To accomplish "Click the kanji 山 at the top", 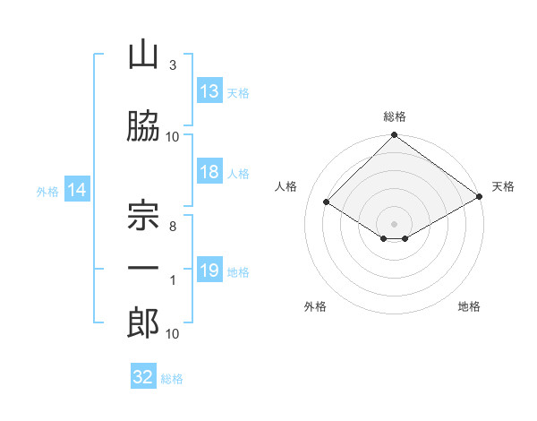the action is [143, 56].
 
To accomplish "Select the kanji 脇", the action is [143, 125].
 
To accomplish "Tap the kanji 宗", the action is [143, 215].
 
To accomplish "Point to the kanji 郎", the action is [143, 323].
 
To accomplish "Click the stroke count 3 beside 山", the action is [173, 65].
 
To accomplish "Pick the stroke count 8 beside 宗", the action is [173, 227].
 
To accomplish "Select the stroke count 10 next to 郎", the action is [172, 334].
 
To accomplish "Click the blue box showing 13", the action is [209, 90].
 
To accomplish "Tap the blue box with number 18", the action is [209, 171].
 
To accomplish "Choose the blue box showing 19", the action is [209, 269].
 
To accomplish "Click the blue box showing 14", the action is [77, 189].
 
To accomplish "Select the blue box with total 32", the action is [143, 375].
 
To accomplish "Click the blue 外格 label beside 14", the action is [47, 192].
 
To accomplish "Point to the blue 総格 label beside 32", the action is [172, 379].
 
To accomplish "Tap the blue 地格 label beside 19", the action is [238, 272].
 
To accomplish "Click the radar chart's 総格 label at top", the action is [395, 116].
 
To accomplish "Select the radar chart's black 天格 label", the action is [503, 186].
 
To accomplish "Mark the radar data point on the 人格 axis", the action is [327, 202].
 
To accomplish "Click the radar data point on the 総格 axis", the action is [394, 134].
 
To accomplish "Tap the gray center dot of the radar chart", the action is [394, 224].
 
